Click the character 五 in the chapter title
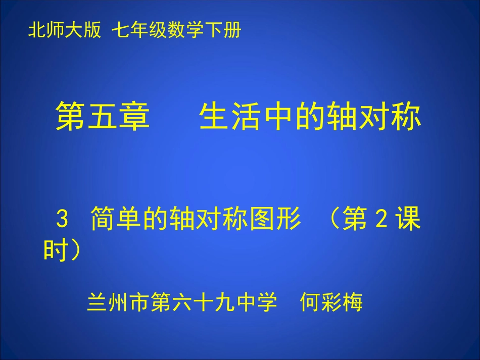point(103,117)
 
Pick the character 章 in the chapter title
point(134,117)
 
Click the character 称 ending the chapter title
point(405,117)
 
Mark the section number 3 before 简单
point(62,221)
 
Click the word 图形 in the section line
point(277,221)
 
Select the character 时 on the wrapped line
point(56,249)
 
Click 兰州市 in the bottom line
point(118,303)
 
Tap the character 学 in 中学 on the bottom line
point(269,303)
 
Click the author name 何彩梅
point(331,303)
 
